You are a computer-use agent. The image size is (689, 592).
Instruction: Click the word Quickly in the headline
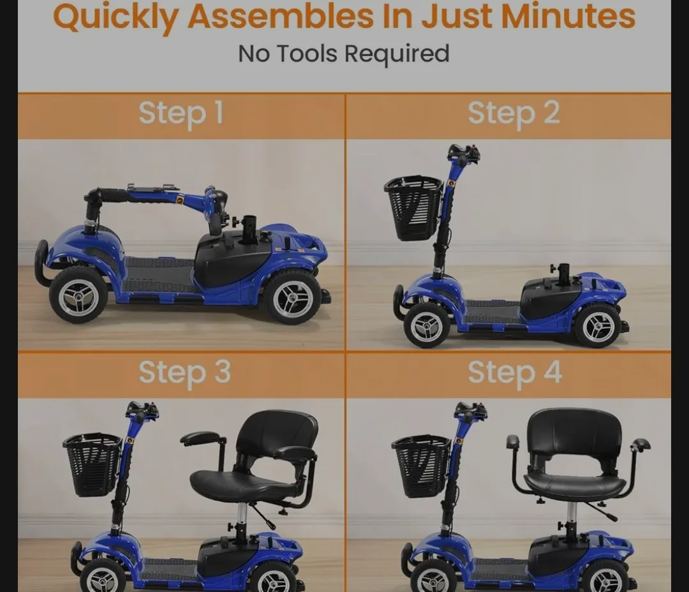[115, 18]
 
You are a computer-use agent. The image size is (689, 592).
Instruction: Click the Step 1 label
[181, 114]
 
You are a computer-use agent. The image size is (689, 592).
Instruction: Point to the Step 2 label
[514, 114]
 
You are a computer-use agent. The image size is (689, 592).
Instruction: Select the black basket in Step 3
[92, 464]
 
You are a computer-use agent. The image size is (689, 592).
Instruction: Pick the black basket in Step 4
[421, 465]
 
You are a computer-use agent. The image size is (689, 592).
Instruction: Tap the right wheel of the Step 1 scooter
[292, 297]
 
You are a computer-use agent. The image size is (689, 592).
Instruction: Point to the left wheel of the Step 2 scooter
[427, 325]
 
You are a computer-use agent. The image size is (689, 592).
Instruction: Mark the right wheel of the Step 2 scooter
[598, 325]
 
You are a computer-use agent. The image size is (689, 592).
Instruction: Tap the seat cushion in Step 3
[242, 485]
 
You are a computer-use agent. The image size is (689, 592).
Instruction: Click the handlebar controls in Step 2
[464, 154]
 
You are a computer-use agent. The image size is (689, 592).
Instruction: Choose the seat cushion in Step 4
[575, 486]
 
